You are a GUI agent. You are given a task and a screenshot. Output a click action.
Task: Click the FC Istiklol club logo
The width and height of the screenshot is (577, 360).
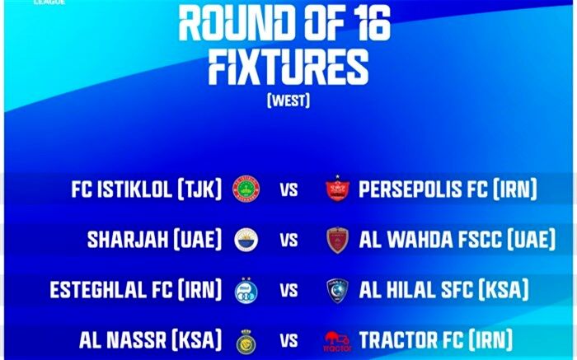click(246, 189)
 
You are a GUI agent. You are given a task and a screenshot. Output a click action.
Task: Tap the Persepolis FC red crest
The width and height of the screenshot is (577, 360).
click(337, 189)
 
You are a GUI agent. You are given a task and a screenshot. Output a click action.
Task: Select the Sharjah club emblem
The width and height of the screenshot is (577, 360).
click(246, 240)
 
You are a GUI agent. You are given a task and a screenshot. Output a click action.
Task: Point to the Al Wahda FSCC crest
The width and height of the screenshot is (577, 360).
click(337, 240)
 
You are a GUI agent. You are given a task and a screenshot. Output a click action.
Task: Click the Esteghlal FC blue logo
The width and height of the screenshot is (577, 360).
click(246, 290)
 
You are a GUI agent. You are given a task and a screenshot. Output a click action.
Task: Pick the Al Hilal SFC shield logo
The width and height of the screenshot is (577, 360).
click(337, 291)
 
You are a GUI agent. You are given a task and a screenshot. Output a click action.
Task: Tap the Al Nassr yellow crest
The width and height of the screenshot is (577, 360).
click(246, 342)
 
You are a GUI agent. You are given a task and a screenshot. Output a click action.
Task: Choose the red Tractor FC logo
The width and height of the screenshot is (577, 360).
click(338, 341)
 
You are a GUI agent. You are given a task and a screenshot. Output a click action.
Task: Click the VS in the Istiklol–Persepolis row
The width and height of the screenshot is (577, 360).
click(288, 189)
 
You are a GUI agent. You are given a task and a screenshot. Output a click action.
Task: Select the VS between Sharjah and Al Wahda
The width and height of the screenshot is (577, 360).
click(288, 240)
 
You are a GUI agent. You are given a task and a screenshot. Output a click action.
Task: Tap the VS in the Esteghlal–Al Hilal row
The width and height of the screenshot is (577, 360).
click(288, 291)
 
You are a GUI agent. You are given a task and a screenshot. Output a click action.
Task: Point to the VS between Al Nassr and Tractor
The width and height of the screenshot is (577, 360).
click(288, 341)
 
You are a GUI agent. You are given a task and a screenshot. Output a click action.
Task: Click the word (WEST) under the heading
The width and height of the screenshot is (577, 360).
click(288, 100)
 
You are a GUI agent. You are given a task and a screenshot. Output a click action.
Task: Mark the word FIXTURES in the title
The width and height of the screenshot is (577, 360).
click(288, 68)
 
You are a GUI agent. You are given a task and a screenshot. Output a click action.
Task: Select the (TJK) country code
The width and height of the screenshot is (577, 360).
click(199, 189)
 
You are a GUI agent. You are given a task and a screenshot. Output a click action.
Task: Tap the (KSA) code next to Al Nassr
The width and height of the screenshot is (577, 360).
click(197, 339)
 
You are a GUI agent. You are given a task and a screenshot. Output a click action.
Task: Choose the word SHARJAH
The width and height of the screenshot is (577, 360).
click(127, 240)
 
